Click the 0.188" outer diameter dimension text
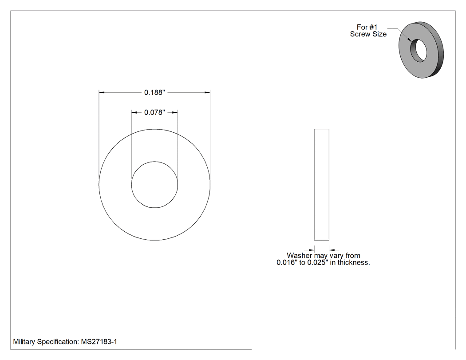point(154,92)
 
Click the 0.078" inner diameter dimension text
point(154,112)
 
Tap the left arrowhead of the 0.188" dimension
point(102,92)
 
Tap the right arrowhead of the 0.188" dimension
point(207,92)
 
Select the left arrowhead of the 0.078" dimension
point(134,112)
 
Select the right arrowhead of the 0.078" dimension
point(175,112)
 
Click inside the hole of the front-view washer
point(154,185)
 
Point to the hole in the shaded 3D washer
point(419,50)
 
